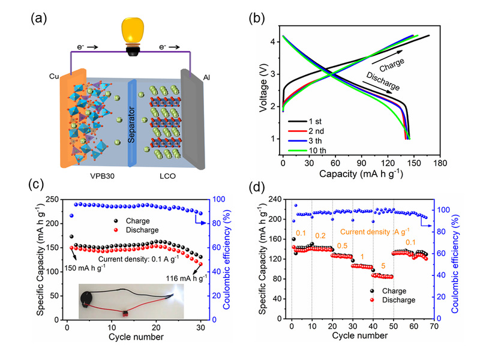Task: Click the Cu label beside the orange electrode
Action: (54, 77)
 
